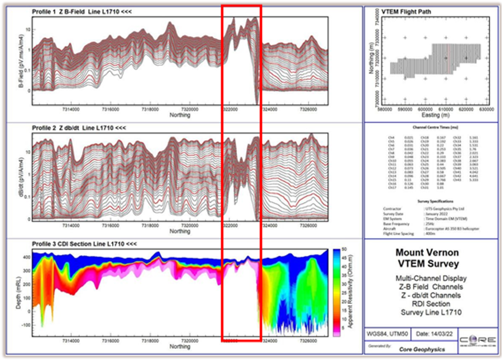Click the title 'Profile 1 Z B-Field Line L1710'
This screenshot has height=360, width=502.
pyautogui.click(x=81, y=11)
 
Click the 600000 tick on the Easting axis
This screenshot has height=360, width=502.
pyautogui.click(x=425, y=109)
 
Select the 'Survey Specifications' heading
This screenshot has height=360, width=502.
pyautogui.click(x=432, y=201)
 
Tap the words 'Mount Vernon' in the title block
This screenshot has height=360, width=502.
pyautogui.click(x=431, y=252)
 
